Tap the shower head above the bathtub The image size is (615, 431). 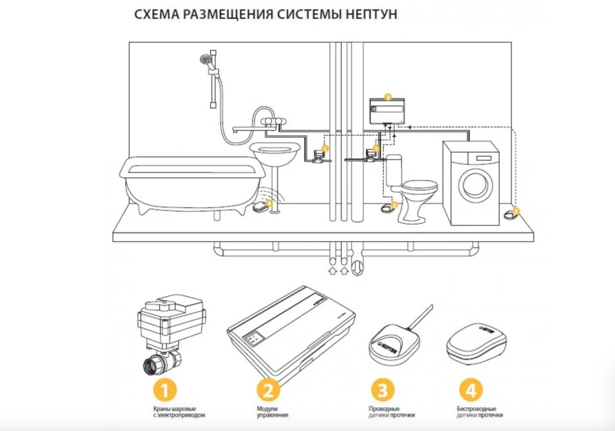(204, 58)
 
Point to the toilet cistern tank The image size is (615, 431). (394, 170)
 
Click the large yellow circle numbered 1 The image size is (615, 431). (165, 390)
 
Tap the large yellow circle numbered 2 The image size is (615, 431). (268, 390)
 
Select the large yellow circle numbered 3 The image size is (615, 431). (383, 390)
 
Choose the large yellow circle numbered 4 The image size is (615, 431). (470, 390)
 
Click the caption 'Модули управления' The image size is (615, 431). (272, 412)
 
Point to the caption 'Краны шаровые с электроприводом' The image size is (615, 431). (179, 412)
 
